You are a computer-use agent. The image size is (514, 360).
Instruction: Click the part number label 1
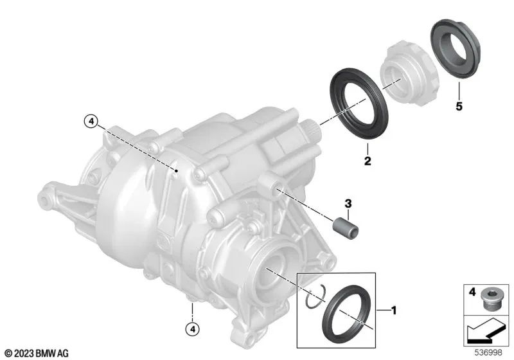pyautogui.click(x=394, y=310)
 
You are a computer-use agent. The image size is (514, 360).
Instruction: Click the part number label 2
pyautogui.click(x=368, y=162)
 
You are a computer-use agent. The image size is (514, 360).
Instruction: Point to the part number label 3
pyautogui.click(x=348, y=204)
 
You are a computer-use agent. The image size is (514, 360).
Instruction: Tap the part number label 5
pyautogui.click(x=459, y=107)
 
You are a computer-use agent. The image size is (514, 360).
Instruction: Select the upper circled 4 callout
pyautogui.click(x=91, y=120)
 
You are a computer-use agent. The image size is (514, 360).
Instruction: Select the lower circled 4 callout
pyautogui.click(x=191, y=330)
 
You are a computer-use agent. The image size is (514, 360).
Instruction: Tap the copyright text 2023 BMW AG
pyautogui.click(x=36, y=353)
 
